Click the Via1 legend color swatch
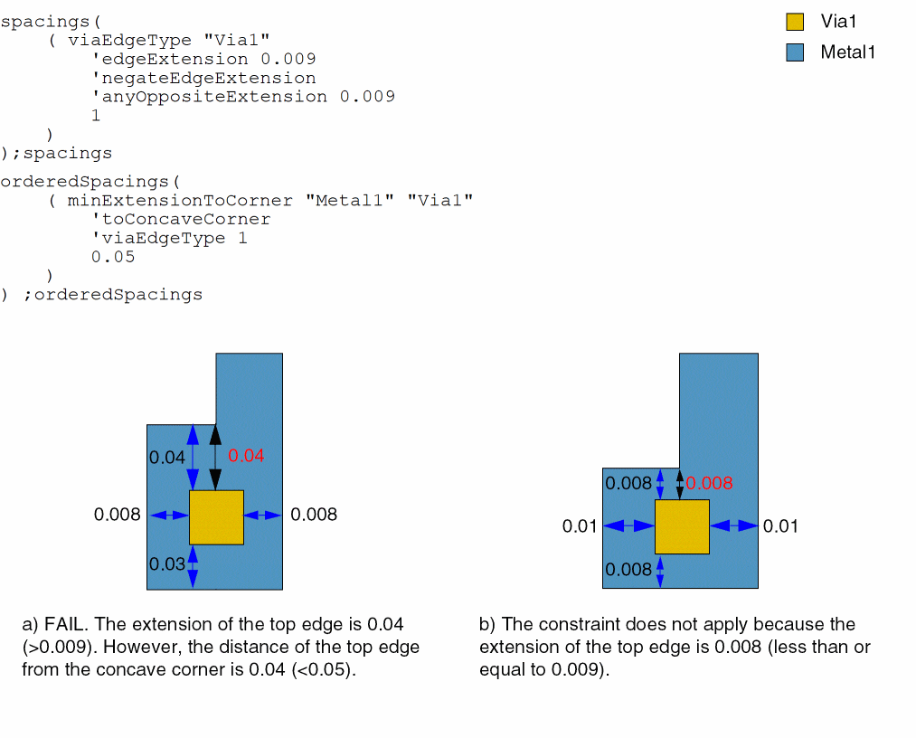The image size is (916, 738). (x=795, y=23)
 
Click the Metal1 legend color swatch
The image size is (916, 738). (x=795, y=52)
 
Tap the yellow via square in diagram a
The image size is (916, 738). (x=216, y=517)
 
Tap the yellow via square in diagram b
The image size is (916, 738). (x=682, y=526)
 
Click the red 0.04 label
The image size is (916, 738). (x=246, y=456)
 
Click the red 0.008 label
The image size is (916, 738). (x=710, y=484)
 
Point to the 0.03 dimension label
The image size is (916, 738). (x=167, y=564)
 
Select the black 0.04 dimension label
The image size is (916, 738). (x=167, y=458)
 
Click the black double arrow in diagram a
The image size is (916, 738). (x=215, y=458)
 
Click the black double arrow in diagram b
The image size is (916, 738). (x=680, y=484)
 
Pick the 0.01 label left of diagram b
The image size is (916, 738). (x=580, y=526)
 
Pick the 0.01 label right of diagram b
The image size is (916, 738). (x=780, y=526)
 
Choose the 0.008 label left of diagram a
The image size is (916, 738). (x=118, y=515)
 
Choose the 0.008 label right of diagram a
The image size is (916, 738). (x=314, y=515)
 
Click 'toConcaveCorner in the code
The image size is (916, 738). (x=181, y=220)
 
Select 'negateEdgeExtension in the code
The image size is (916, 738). (x=203, y=78)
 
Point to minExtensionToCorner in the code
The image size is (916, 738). (x=180, y=201)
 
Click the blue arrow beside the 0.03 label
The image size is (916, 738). (x=192, y=566)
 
